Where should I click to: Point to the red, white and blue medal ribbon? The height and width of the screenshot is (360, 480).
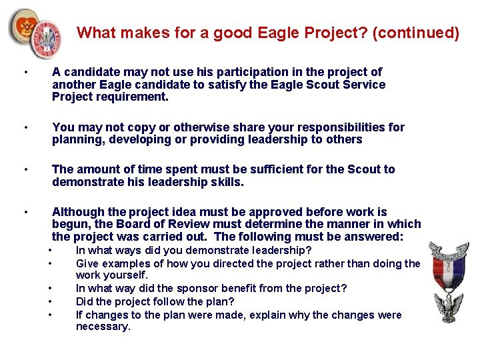point(448,274)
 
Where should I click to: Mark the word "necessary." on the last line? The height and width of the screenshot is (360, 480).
point(103,326)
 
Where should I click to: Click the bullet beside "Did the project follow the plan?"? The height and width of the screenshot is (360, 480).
point(52,301)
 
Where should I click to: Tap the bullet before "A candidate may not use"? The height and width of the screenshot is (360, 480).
point(25,73)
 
